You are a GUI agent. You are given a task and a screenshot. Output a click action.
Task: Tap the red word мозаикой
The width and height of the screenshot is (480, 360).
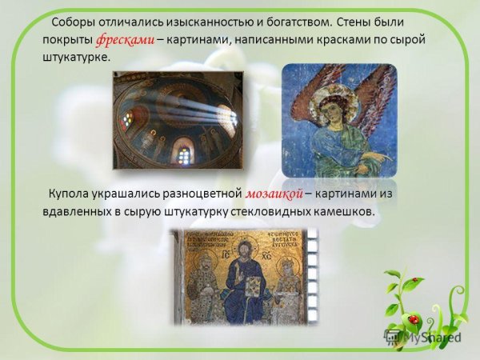point(272,194)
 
